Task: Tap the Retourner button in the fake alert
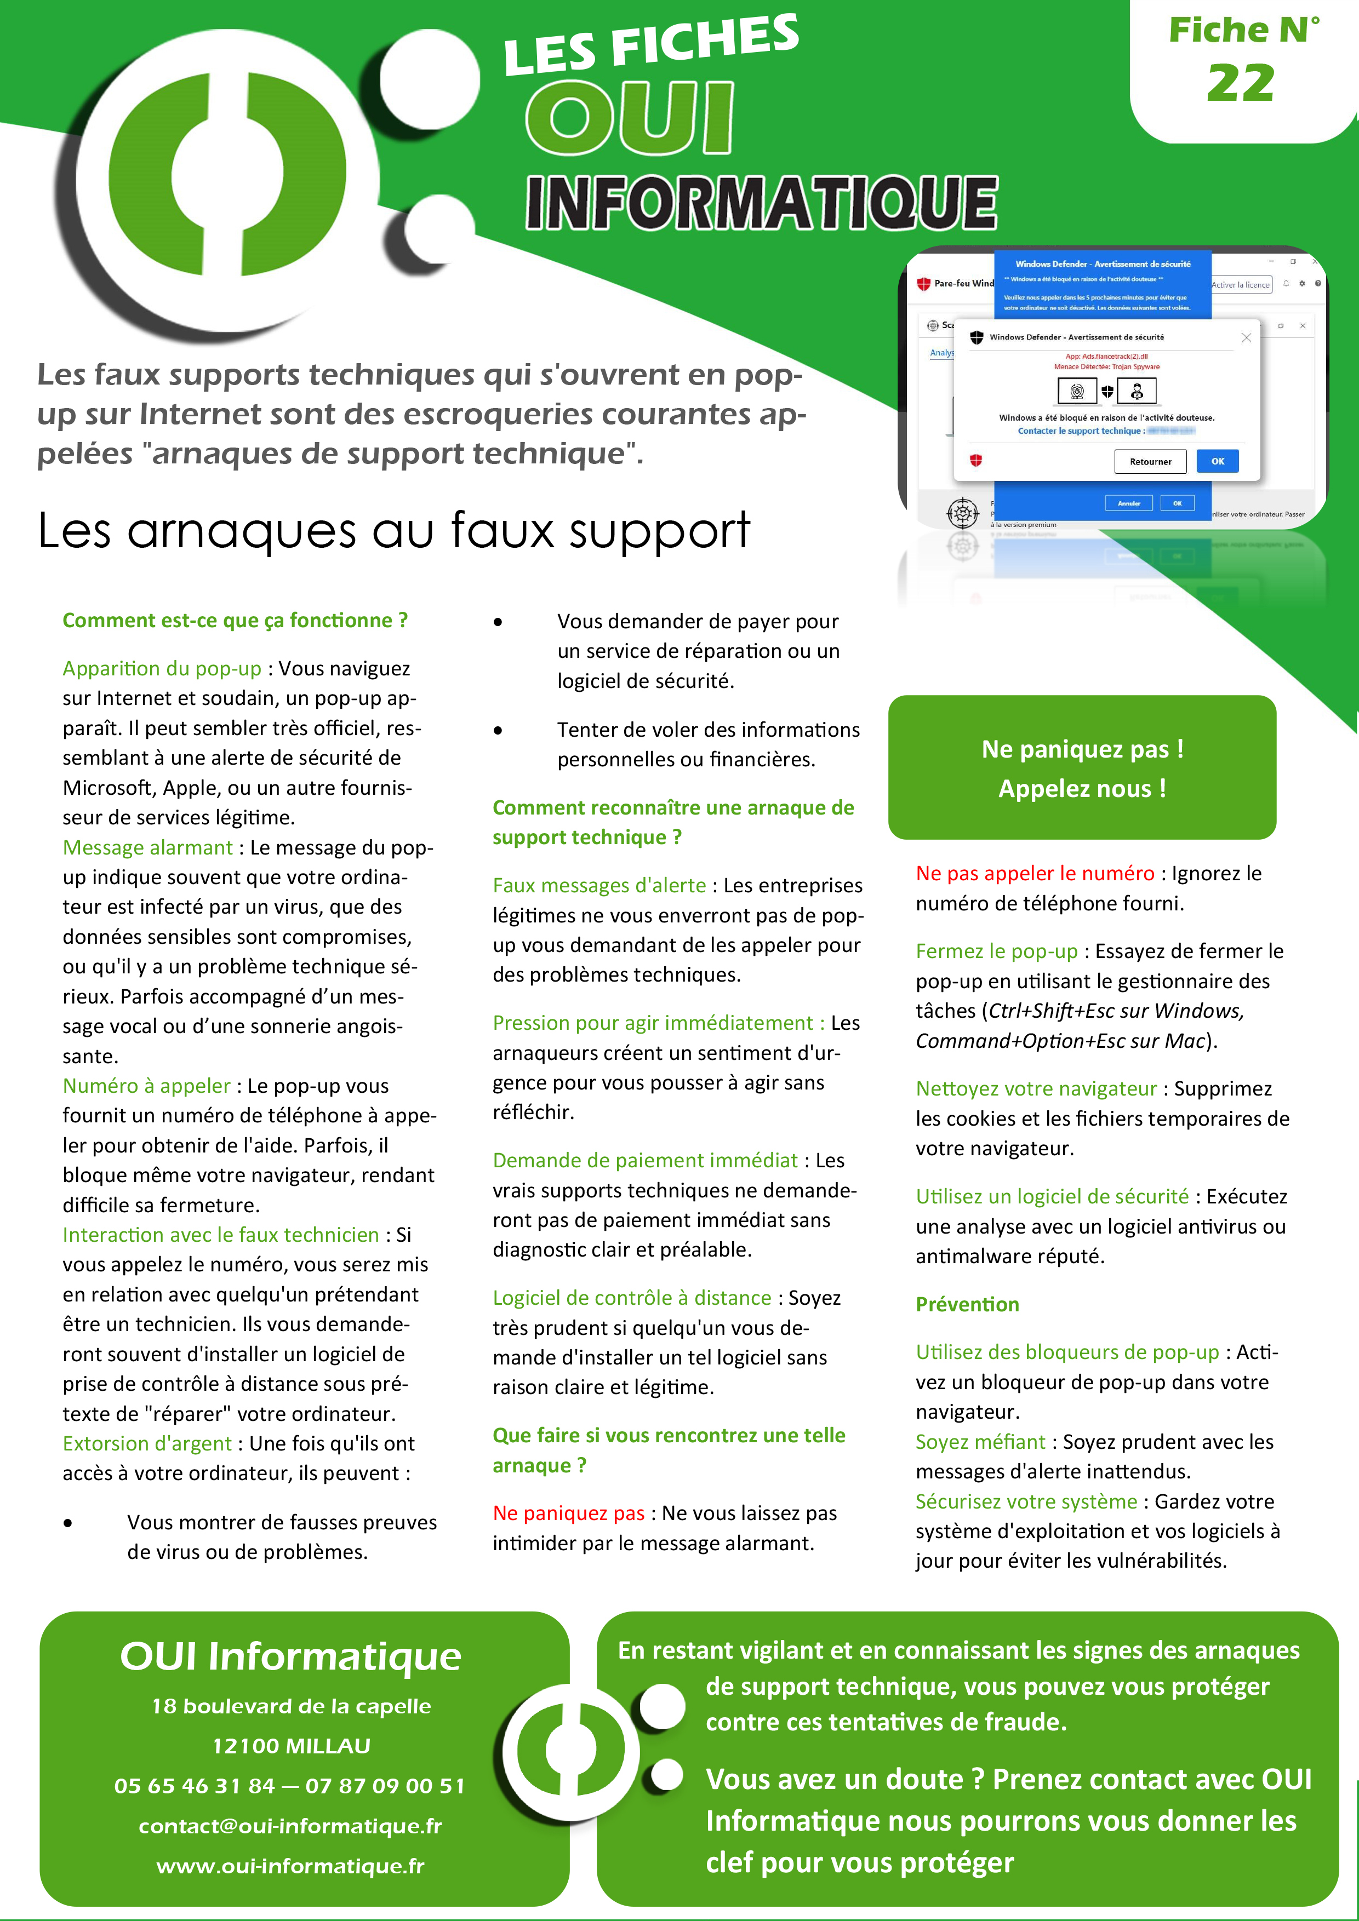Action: tap(1150, 461)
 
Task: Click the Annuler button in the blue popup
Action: tap(1129, 503)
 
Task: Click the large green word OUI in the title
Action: tap(629, 119)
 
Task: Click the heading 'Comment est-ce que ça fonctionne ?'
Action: tap(235, 620)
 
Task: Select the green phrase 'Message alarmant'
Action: tap(147, 847)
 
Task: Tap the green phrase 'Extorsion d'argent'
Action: tap(146, 1443)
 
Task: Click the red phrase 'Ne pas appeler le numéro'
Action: tap(1034, 874)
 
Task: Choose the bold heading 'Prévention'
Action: tap(967, 1304)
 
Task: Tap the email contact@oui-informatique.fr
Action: tap(290, 1826)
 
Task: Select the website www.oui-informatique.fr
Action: tap(290, 1866)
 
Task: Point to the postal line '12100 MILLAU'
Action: tap(290, 1745)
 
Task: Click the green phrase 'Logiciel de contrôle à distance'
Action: tap(632, 1298)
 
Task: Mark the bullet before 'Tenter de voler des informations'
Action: tap(498, 730)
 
